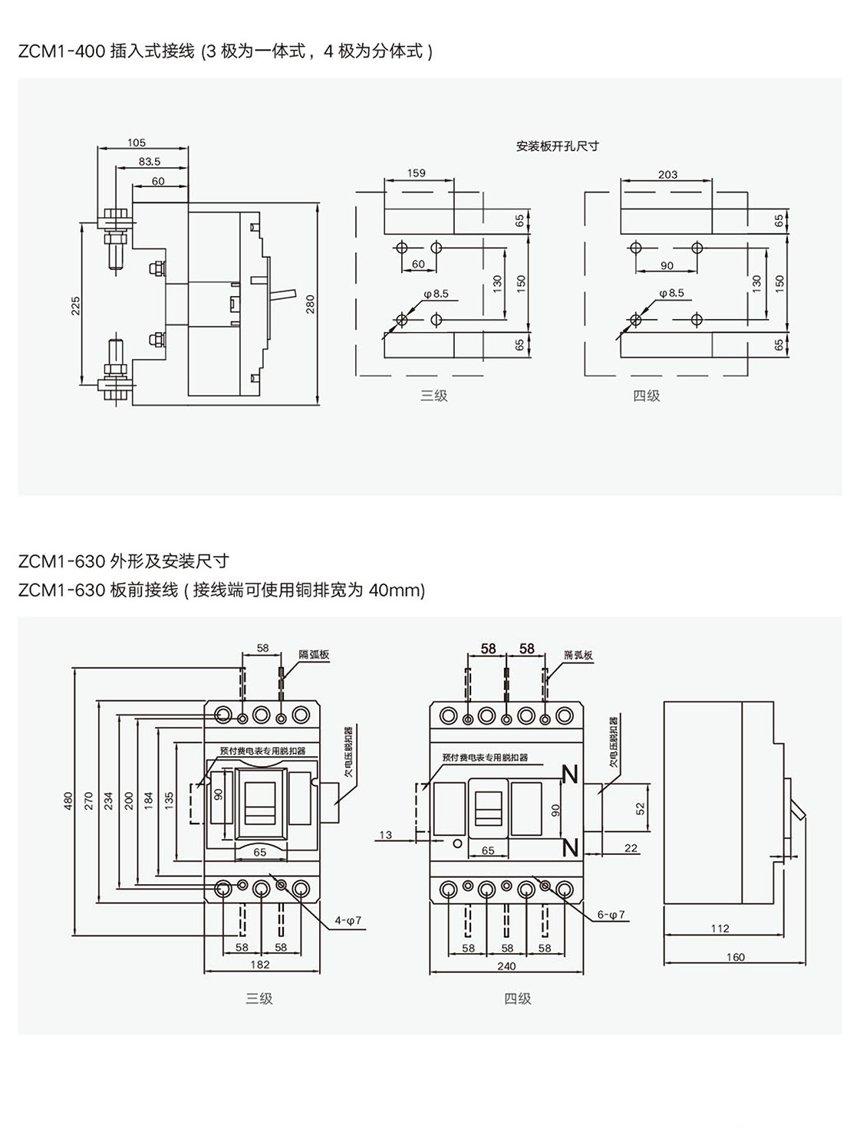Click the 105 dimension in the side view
pos(137,143)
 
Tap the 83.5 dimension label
pos(150,162)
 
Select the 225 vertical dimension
pos(75,305)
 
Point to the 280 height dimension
pos(311,304)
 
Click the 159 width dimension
pos(416,173)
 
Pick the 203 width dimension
pos(667,175)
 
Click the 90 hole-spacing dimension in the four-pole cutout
pos(666,266)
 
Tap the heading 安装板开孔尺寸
pos(557,146)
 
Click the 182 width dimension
pos(260,965)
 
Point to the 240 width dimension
pos(506,966)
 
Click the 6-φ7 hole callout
pos(611,915)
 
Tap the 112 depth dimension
pos(720,929)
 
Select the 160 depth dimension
pos(735,957)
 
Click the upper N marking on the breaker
pos(570,775)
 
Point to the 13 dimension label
pos(385,835)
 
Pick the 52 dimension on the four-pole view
pos(641,807)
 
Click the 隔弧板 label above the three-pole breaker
pos(314,655)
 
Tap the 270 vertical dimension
pos(87,801)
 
